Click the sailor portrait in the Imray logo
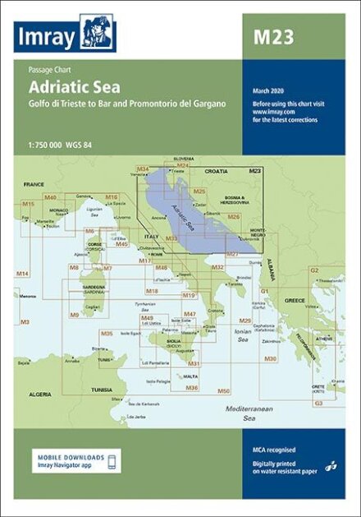pos(99,34)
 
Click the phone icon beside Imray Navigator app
pos(113,459)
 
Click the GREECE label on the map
pos(294,300)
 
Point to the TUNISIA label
pos(101,390)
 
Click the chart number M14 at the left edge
pos(21,273)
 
